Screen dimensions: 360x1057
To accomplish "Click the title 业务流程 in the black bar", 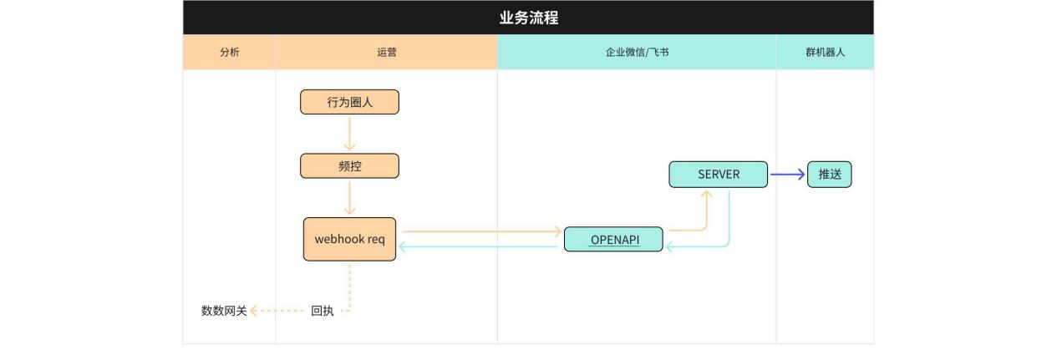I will click(x=528, y=18).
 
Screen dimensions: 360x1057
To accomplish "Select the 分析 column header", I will click(x=229, y=52).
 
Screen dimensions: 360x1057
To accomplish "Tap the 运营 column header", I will click(x=386, y=52).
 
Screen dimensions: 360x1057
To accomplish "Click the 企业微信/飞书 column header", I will click(x=637, y=52).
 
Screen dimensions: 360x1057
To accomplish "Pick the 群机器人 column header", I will click(x=825, y=52).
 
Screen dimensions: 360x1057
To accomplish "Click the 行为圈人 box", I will click(x=349, y=102).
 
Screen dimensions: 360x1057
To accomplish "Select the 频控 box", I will click(x=349, y=166).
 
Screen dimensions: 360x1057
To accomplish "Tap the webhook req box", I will click(x=349, y=239).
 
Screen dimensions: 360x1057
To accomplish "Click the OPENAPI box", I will click(x=614, y=239).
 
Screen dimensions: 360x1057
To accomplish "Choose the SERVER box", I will click(x=718, y=175).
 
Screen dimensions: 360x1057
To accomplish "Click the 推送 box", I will click(x=829, y=175).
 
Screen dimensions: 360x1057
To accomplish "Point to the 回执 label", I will click(x=322, y=311).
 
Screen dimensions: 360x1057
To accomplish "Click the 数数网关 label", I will click(x=224, y=311).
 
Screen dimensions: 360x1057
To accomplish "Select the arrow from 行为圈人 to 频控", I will click(x=349, y=134).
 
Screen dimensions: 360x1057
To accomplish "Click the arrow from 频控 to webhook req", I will click(x=349, y=198).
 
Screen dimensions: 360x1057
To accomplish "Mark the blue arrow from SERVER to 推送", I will click(x=787, y=175).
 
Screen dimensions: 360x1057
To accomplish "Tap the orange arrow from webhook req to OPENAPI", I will click(x=480, y=231).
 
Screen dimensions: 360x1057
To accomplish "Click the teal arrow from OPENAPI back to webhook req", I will click(x=480, y=246).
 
